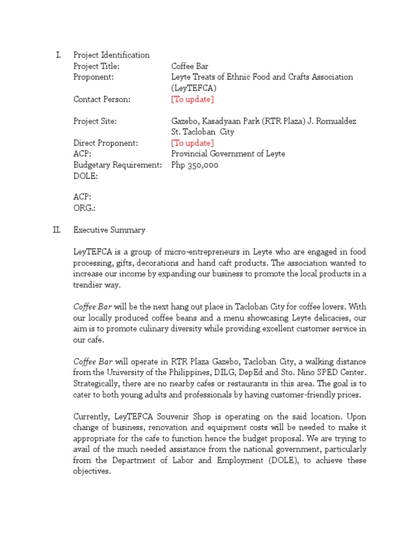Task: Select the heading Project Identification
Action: point(112,55)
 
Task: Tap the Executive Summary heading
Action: point(109,230)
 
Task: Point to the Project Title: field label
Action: point(96,66)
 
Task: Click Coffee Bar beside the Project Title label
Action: point(190,66)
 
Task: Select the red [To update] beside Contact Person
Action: point(192,99)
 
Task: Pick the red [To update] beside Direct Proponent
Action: point(192,143)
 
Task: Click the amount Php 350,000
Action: point(194,165)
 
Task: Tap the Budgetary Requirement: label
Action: point(118,165)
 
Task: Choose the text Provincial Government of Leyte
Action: point(228,154)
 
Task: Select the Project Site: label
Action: point(95,121)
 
